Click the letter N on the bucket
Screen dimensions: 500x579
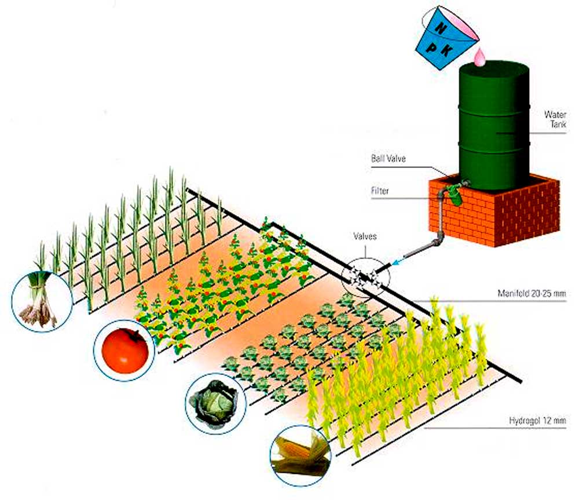coord(441,28)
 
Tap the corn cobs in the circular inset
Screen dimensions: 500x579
coord(300,454)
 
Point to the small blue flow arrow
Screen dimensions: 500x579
coord(397,263)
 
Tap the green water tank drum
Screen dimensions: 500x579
coord(494,119)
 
